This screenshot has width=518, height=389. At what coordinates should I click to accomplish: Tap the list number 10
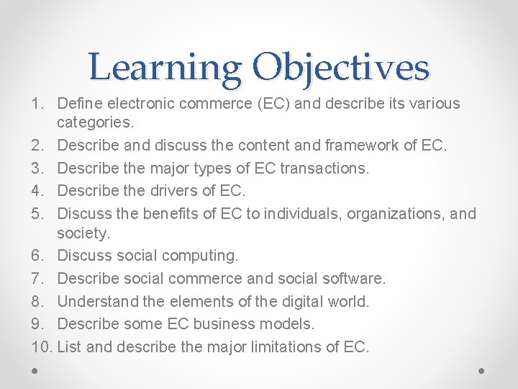42,346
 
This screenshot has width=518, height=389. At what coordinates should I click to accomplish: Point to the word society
83,233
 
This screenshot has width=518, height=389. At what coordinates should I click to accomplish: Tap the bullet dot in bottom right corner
481,370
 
